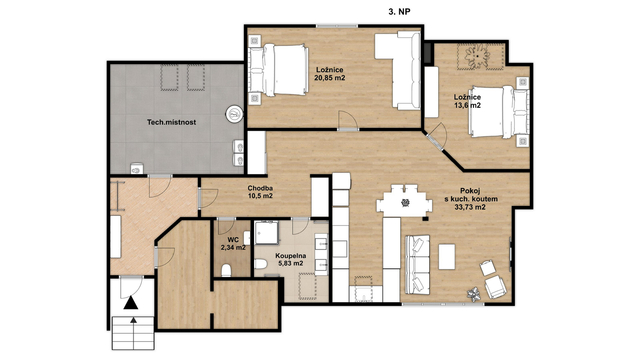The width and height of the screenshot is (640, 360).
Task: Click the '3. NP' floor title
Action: point(399,12)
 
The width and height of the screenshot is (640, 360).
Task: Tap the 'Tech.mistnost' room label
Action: point(171,122)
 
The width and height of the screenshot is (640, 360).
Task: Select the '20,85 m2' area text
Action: point(329,78)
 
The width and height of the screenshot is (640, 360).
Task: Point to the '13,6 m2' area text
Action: point(467,105)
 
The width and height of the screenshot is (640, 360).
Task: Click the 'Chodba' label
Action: point(260,189)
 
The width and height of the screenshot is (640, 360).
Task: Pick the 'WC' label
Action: point(234,240)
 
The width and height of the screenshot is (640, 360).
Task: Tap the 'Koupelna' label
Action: point(291,256)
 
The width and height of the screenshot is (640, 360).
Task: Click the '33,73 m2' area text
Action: point(471,207)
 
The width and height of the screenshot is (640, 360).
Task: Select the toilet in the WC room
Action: point(226,270)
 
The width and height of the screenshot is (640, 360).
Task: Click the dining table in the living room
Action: point(404,202)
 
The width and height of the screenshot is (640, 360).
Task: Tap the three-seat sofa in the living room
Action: point(418,264)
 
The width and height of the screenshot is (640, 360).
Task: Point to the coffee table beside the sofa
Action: point(447,256)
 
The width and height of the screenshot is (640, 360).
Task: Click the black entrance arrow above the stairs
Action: point(131,302)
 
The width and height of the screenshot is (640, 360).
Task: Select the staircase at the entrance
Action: point(133,333)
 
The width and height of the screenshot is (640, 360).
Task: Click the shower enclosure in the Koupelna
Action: point(267,233)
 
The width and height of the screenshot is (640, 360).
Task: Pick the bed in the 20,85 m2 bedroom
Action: point(279,70)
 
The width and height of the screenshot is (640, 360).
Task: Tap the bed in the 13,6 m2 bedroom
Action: point(499,112)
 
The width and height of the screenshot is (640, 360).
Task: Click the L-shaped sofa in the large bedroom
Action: point(400,70)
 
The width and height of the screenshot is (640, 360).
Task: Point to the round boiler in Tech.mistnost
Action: point(234,114)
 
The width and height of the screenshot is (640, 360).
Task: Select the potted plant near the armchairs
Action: point(473,295)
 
